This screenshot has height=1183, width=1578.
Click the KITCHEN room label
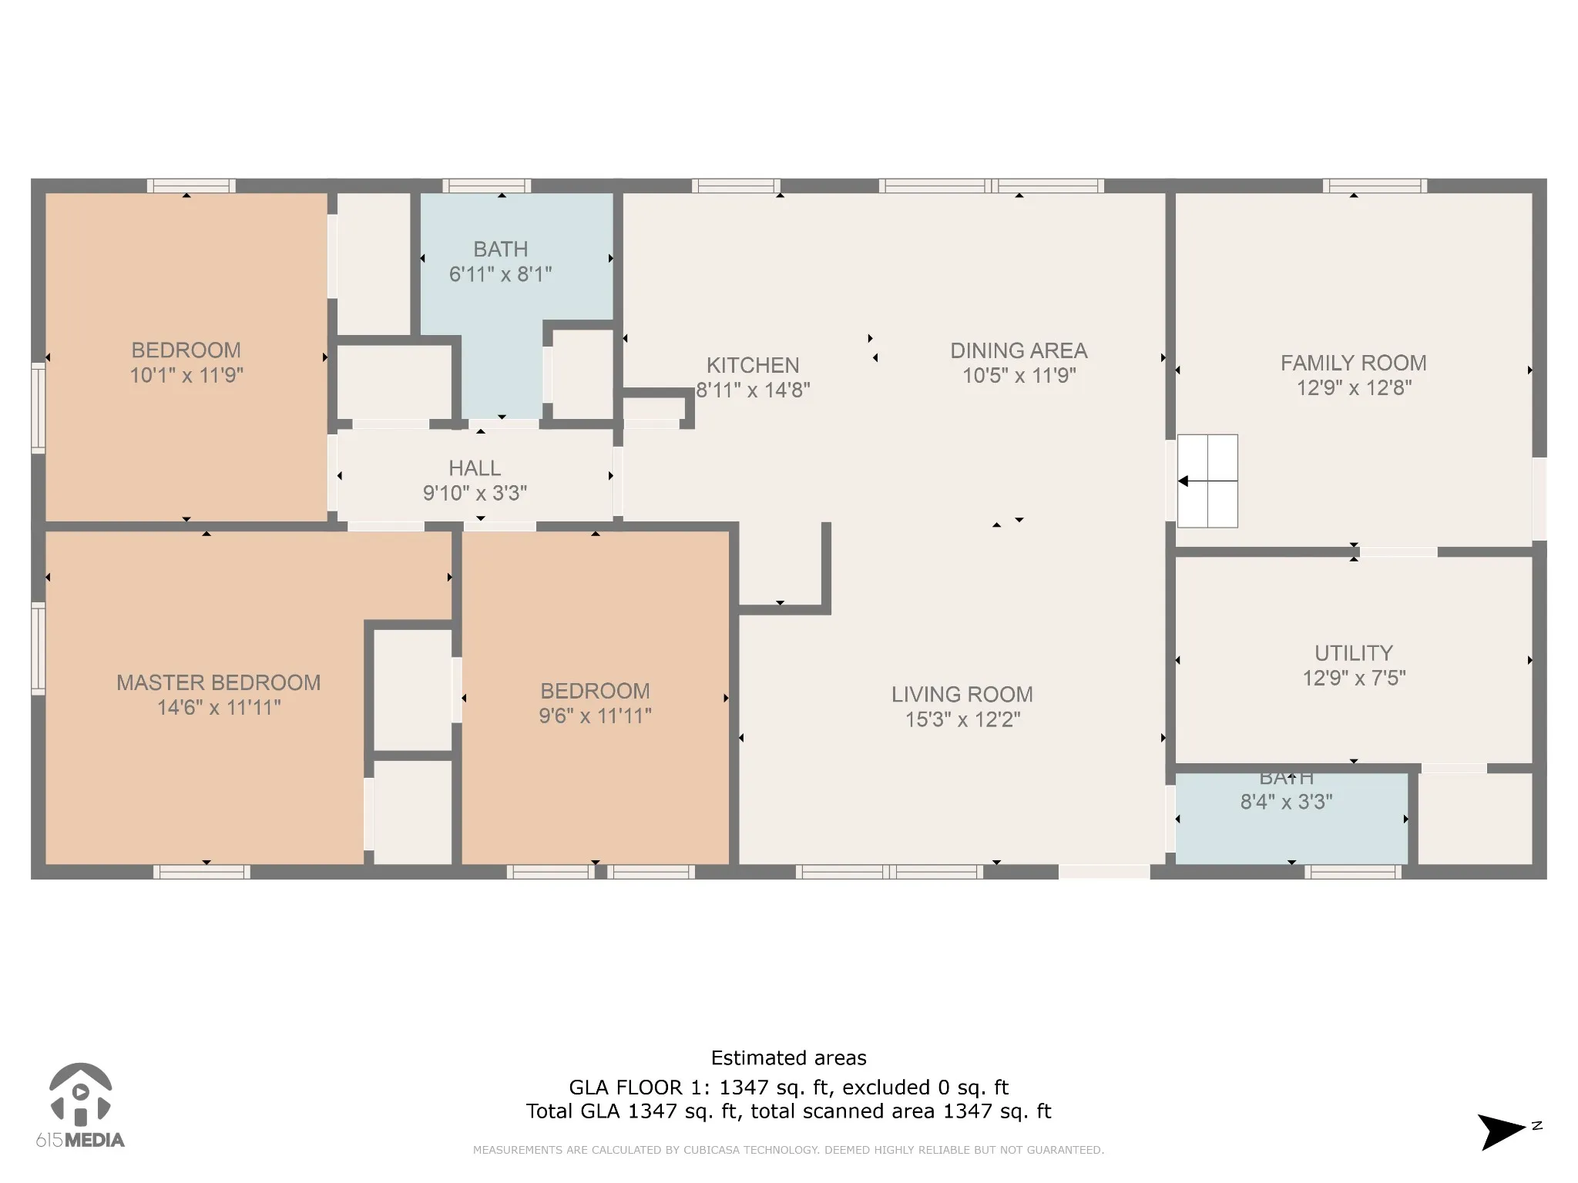coord(753,365)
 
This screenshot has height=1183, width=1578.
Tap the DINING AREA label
coord(1019,351)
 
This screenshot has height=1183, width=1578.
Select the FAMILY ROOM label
coord(1354,363)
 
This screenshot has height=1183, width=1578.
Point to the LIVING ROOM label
coord(962,695)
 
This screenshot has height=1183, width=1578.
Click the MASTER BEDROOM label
coord(219,682)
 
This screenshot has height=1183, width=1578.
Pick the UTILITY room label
coord(1354,653)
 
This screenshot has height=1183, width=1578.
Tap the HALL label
coord(475,468)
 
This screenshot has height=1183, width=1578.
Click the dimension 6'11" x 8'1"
coord(501,274)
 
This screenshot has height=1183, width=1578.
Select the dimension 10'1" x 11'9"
coord(186,375)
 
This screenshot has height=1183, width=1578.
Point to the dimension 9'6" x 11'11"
coord(595,716)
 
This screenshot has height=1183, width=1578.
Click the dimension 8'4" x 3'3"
coord(1287,802)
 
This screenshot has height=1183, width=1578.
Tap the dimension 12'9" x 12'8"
coord(1354,387)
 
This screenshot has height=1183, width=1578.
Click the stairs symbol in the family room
coord(1207,481)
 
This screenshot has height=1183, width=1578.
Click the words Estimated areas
coord(789,1058)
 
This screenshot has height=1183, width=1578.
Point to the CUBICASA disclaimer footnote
coord(788,1150)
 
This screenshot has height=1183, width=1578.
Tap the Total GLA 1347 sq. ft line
coord(789,1111)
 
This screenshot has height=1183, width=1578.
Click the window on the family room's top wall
coord(1375,186)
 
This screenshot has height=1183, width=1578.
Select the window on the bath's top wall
coord(486,186)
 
